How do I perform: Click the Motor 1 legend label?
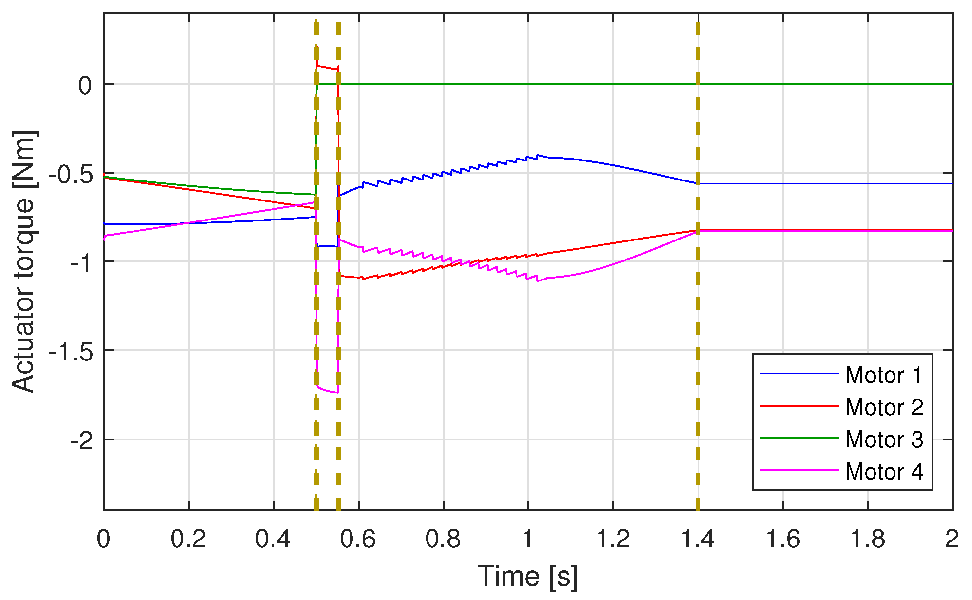[884, 375]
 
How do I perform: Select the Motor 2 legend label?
[884, 407]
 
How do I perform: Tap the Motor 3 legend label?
[884, 440]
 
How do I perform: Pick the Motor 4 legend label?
[884, 472]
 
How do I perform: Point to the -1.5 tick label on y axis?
[71, 351]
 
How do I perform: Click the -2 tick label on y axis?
[81, 440]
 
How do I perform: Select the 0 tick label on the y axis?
[85, 85]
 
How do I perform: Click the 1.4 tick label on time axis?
[698, 540]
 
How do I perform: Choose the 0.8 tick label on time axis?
[443, 540]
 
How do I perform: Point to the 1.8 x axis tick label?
[867, 540]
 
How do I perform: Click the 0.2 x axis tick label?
[189, 540]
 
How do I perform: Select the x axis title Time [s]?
[527, 576]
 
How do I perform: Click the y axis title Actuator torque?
[23, 261]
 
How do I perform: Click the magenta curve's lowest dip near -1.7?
[335, 392]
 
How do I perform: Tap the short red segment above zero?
[327, 67]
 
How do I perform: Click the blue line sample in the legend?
[799, 374]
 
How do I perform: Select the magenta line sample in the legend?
[799, 471]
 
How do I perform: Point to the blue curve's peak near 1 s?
[538, 155]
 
